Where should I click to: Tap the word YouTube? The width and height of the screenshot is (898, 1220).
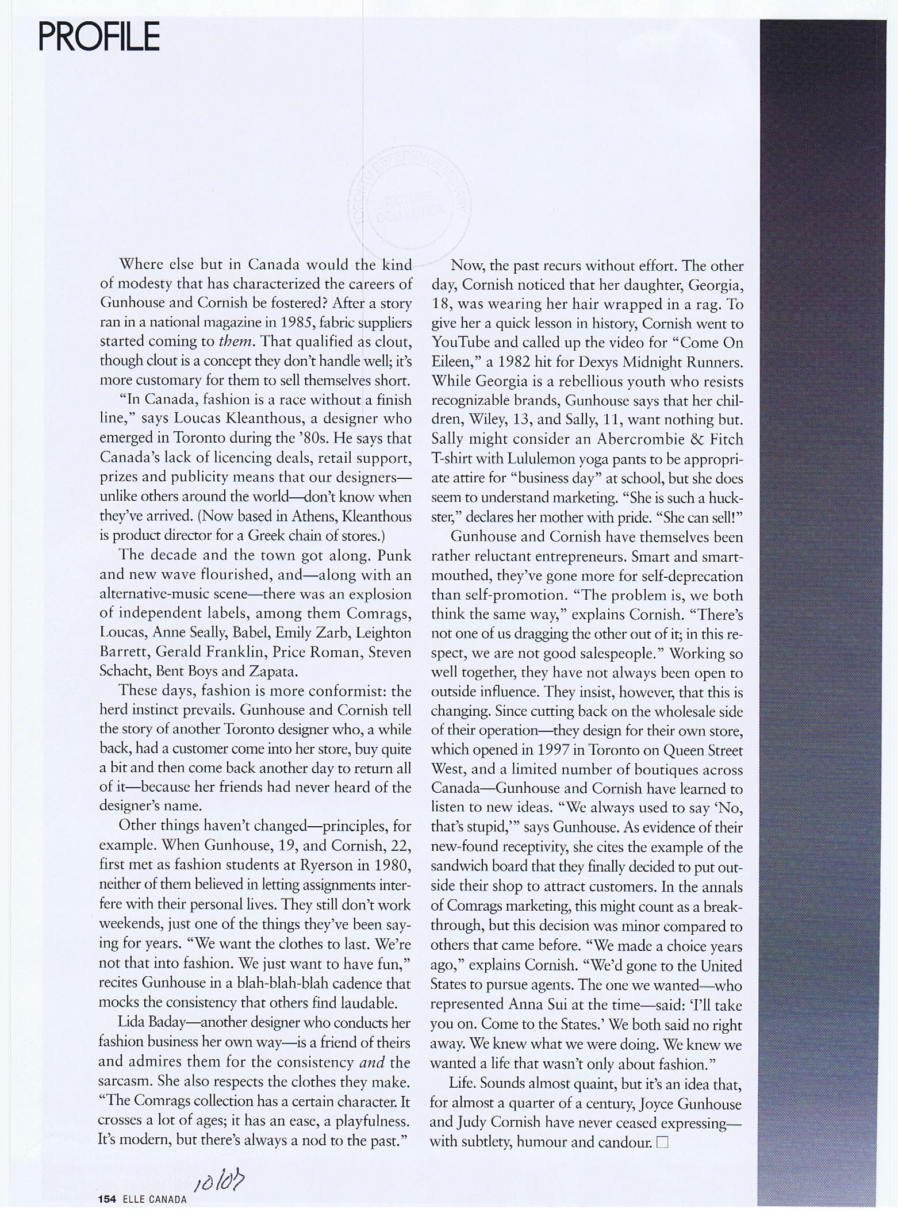coord(461,343)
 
